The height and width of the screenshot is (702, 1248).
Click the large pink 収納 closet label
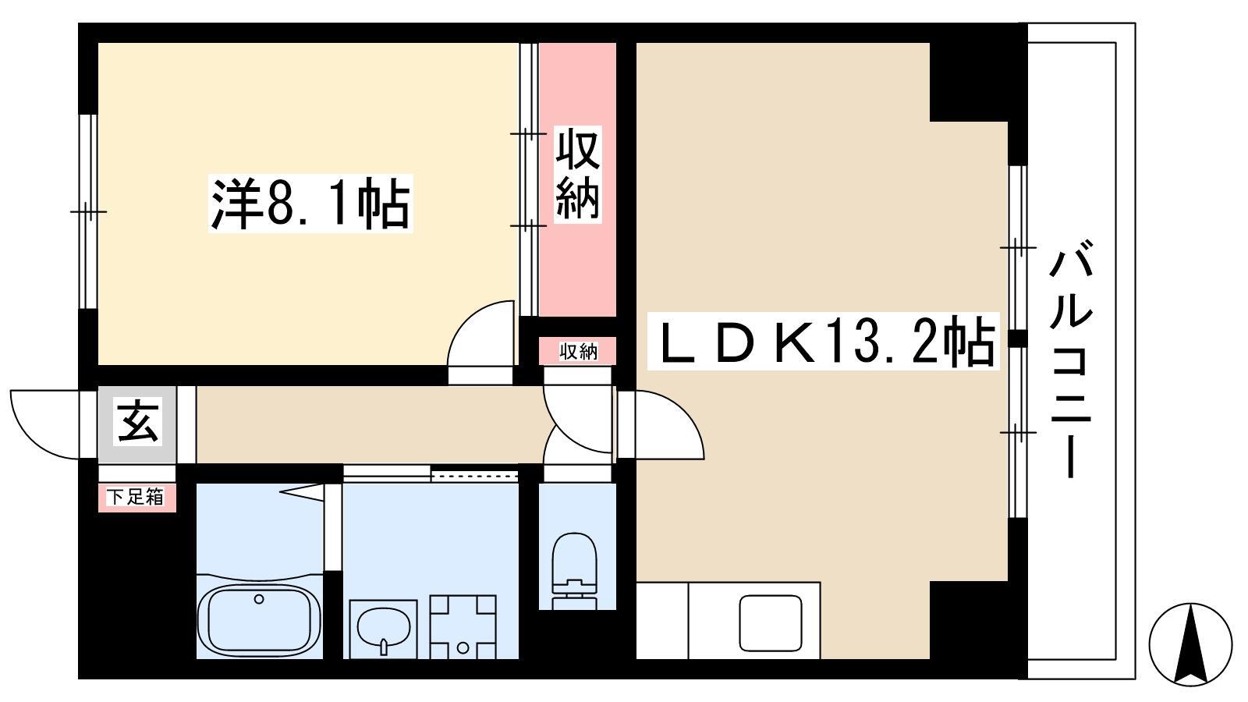click(x=578, y=175)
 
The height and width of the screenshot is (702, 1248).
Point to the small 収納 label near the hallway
click(x=578, y=352)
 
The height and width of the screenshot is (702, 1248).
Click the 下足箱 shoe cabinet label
click(x=136, y=497)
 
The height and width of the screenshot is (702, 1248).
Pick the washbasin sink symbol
click(x=383, y=628)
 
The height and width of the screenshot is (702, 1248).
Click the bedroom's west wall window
click(x=87, y=211)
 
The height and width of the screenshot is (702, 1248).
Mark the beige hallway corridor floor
click(x=367, y=424)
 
